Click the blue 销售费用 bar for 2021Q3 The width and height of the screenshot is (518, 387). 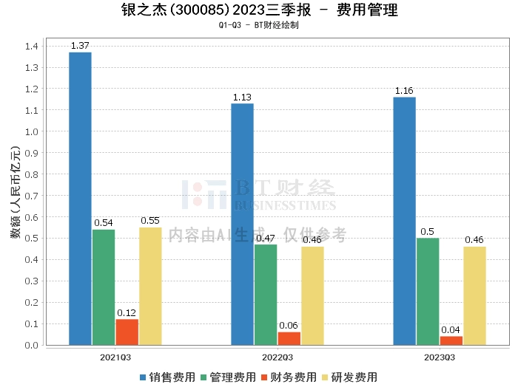pos(80,199)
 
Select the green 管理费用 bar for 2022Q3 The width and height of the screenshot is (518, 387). pos(266,295)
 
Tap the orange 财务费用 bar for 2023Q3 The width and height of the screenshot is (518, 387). pos(451,341)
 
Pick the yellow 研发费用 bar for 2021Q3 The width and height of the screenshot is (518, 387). pos(150,286)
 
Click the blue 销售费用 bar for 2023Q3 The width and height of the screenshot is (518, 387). pos(404,221)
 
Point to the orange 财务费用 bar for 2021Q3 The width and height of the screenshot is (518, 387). pos(127,332)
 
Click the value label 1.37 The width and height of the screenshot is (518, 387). pos(80,46)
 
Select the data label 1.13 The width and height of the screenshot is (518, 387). pos(242,97)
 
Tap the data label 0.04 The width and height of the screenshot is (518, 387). pos(451,330)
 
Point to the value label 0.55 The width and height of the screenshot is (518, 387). pos(150,221)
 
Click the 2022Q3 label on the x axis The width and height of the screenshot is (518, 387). pos(277,357)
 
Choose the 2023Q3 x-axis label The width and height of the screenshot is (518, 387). pos(440,357)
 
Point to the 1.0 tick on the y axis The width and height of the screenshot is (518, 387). pos(32,132)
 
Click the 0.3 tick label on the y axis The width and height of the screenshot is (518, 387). pos(32,281)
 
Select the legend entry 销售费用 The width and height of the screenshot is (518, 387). pos(167,377)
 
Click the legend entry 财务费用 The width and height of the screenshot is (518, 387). pos(289,377)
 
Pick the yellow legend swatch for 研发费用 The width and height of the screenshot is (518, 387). pos(325,377)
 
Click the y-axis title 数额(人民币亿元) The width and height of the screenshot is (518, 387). pos(16,192)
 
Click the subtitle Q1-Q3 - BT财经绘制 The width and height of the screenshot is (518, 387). pos(259,25)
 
